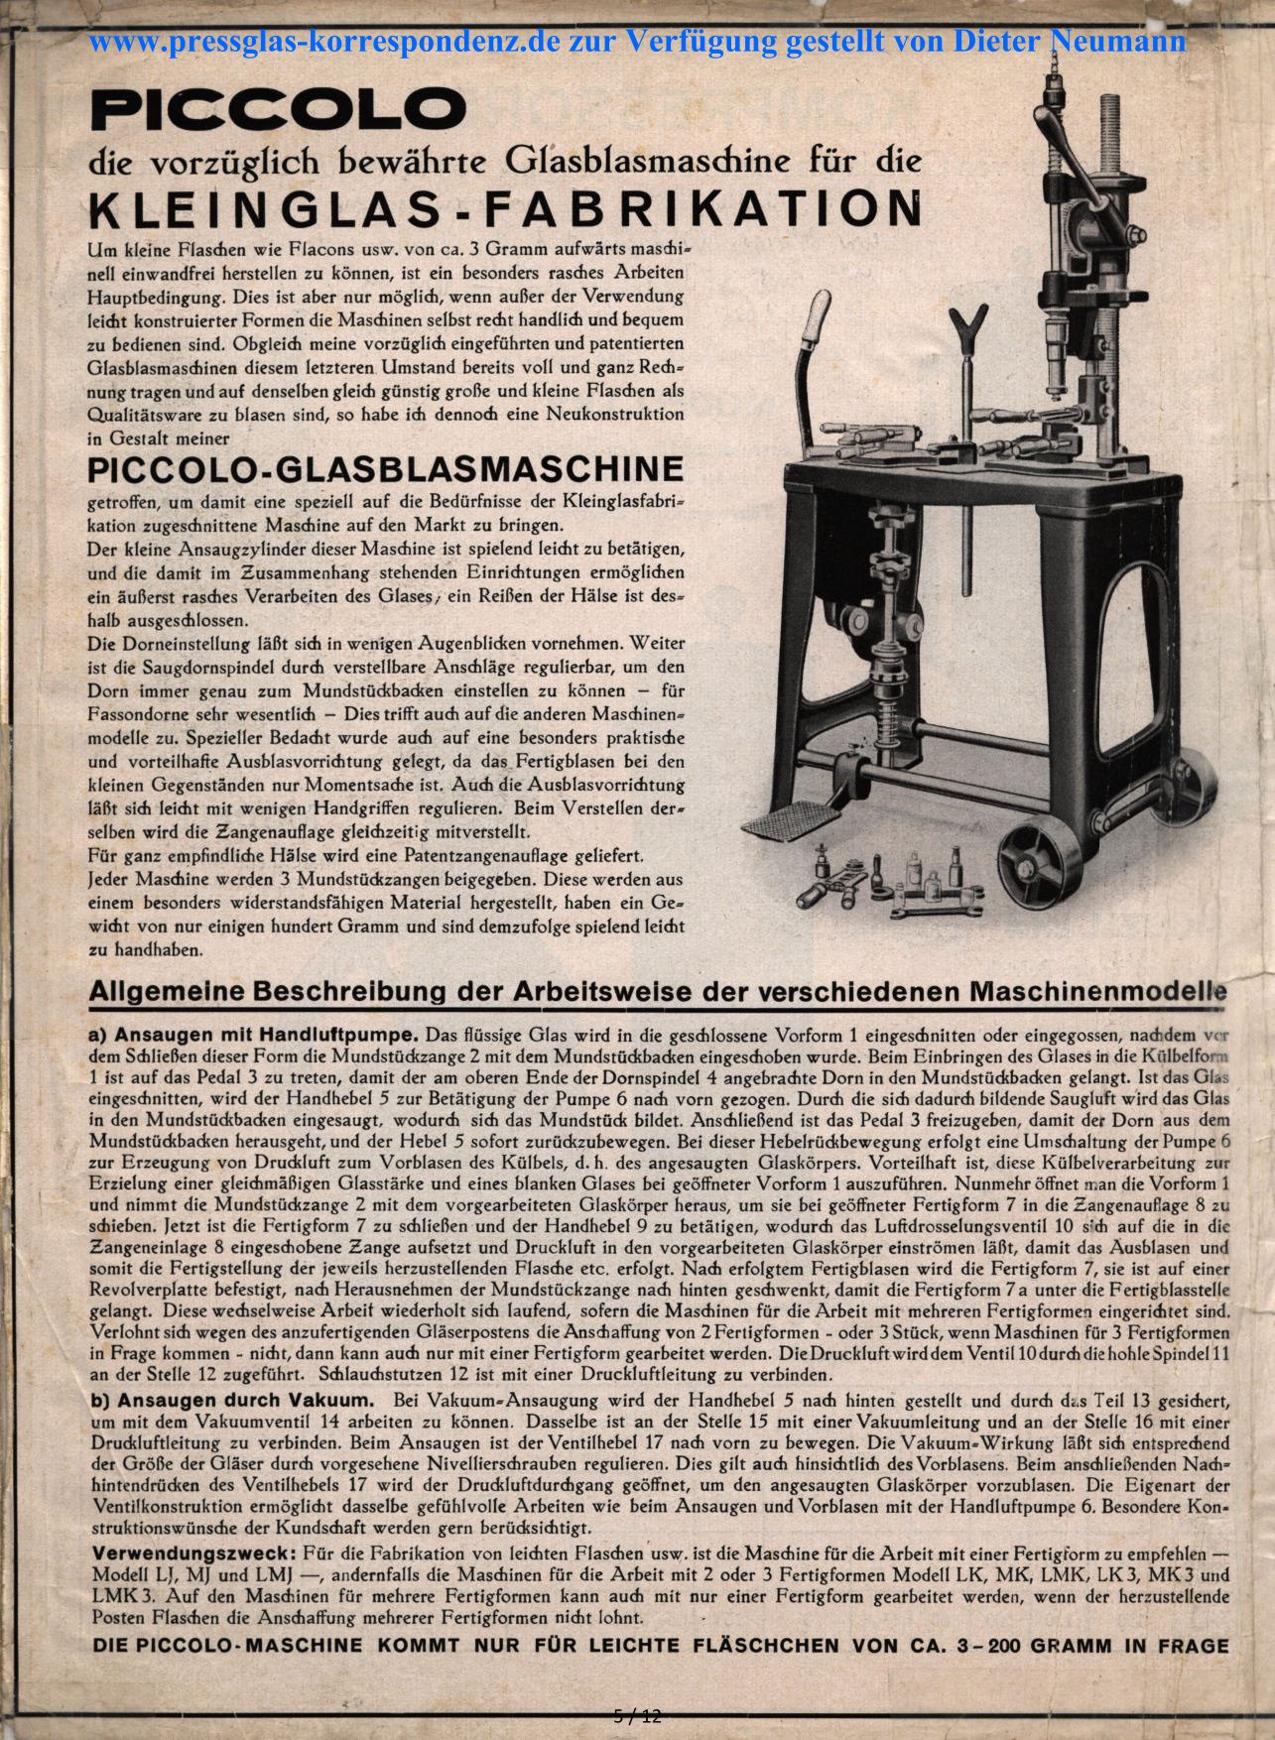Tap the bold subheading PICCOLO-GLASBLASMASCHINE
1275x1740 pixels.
click(x=386, y=469)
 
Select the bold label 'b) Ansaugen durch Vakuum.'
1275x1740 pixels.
click(x=232, y=1401)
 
